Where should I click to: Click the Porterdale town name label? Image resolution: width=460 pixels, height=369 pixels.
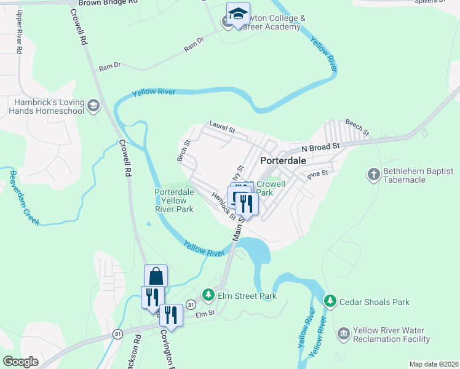[284, 160]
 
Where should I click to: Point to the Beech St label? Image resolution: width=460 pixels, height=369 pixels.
[357, 127]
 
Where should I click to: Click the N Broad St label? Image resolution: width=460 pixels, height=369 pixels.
[320, 148]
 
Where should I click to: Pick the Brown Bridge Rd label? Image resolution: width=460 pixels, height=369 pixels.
[102, 3]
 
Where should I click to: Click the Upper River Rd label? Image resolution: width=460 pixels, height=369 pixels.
[20, 33]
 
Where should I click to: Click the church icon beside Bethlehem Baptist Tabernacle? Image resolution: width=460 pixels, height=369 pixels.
[373, 175]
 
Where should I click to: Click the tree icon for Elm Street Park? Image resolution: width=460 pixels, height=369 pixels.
[208, 296]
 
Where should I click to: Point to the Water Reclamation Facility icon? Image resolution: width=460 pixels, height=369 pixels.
[343, 335]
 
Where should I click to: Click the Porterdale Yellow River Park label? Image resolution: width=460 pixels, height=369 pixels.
[174, 200]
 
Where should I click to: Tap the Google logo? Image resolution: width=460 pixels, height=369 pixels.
[20, 362]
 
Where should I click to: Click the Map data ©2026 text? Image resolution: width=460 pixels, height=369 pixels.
[434, 364]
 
